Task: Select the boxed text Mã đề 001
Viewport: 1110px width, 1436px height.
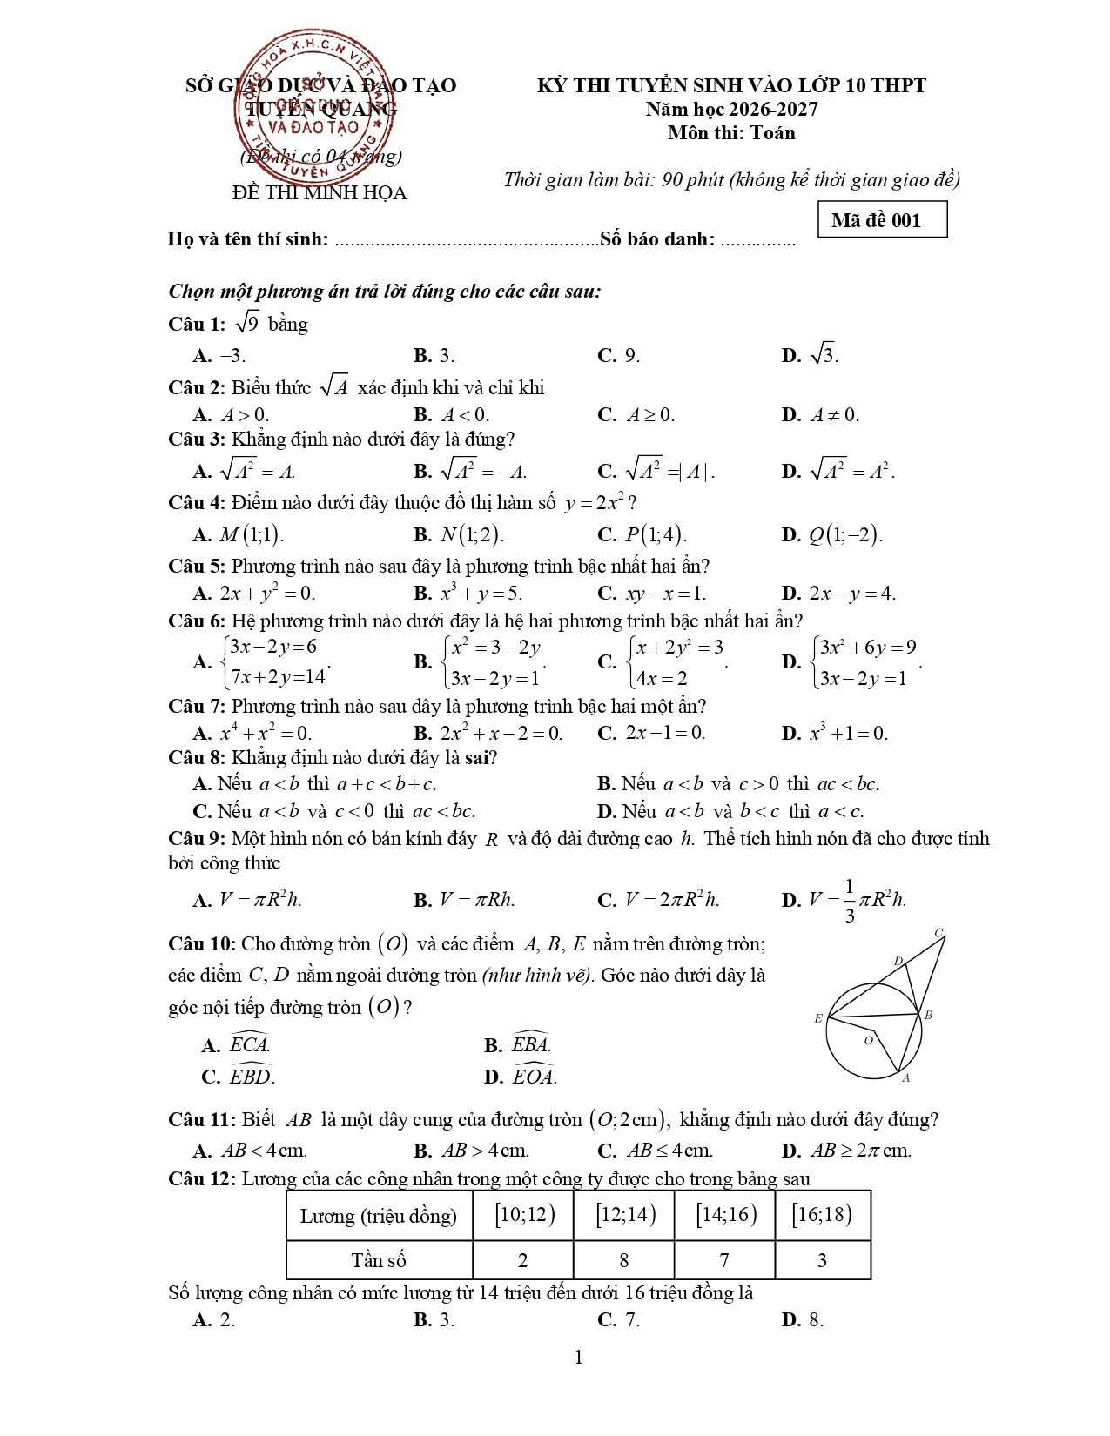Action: (x=882, y=220)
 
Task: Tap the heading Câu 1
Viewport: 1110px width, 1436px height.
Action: (x=197, y=325)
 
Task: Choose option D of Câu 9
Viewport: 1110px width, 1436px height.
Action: (x=844, y=900)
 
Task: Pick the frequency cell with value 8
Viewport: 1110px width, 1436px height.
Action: (x=623, y=1260)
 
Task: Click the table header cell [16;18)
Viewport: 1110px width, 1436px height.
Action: (x=822, y=1215)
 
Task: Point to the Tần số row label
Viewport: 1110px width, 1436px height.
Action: (x=379, y=1260)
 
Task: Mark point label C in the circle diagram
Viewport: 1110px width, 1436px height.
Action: (x=939, y=933)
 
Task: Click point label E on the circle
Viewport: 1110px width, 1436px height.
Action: (x=818, y=1017)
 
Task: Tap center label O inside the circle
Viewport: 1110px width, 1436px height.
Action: (x=868, y=1040)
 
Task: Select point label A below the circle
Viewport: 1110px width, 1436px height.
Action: (x=906, y=1078)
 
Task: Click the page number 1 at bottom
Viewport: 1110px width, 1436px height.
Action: (x=579, y=1358)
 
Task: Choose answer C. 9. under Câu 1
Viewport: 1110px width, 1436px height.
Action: (x=618, y=355)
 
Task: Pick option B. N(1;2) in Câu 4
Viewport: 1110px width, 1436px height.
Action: (x=459, y=534)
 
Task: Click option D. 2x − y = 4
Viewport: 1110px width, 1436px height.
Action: (x=838, y=594)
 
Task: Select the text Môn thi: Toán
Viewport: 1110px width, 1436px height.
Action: (x=731, y=133)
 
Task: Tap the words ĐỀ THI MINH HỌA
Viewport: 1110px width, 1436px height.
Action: (x=320, y=193)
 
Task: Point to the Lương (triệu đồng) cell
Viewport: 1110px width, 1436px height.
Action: (x=379, y=1216)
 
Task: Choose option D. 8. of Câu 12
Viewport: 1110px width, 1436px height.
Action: (x=802, y=1319)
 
